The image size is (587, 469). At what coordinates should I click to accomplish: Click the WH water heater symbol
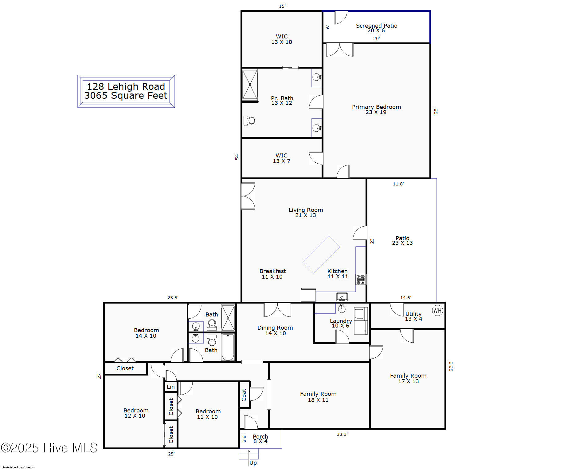pyautogui.click(x=437, y=310)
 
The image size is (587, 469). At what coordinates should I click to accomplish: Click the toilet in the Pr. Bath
pyautogui.click(x=249, y=120)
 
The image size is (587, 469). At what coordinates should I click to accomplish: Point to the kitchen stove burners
pyautogui.click(x=361, y=280)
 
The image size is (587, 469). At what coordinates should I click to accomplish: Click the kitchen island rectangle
pyautogui.click(x=321, y=254)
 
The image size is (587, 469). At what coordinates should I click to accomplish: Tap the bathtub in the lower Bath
pyautogui.click(x=228, y=347)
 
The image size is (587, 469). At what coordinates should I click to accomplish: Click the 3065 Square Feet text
pyautogui.click(x=126, y=96)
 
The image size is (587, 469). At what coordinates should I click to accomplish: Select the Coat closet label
pyautogui.click(x=244, y=395)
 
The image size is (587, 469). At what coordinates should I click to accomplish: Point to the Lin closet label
pyautogui.click(x=171, y=387)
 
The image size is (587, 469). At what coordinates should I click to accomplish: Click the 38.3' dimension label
pyautogui.click(x=342, y=434)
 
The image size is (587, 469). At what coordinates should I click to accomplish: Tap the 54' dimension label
pyautogui.click(x=237, y=157)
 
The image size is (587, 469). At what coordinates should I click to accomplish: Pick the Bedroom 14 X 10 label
pyautogui.click(x=146, y=333)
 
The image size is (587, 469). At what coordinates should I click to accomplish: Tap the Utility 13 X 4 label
pyautogui.click(x=413, y=316)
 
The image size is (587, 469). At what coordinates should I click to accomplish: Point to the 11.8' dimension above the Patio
pyautogui.click(x=398, y=184)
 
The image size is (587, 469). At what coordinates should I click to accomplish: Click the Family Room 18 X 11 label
pyautogui.click(x=318, y=397)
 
